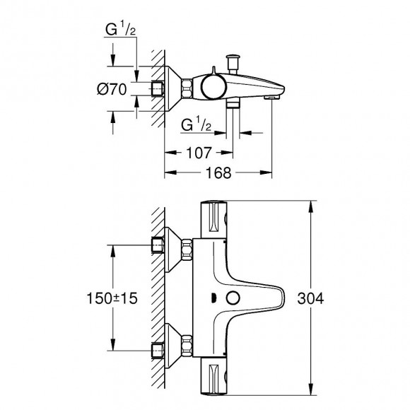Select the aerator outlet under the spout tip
click(271, 100)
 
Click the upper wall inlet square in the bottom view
click(159, 245)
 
